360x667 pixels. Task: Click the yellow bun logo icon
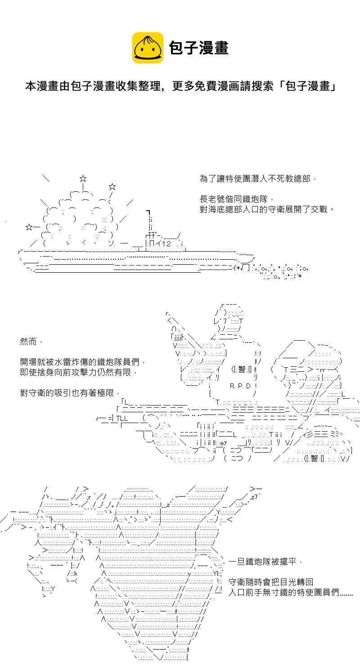(x=148, y=48)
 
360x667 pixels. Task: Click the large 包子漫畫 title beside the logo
(x=198, y=48)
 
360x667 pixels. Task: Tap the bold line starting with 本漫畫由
(x=180, y=86)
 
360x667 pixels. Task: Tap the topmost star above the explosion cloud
(x=83, y=179)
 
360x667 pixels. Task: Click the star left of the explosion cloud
(x=29, y=226)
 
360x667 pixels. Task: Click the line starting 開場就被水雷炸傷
(x=83, y=362)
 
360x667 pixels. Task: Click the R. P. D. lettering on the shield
(x=243, y=386)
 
